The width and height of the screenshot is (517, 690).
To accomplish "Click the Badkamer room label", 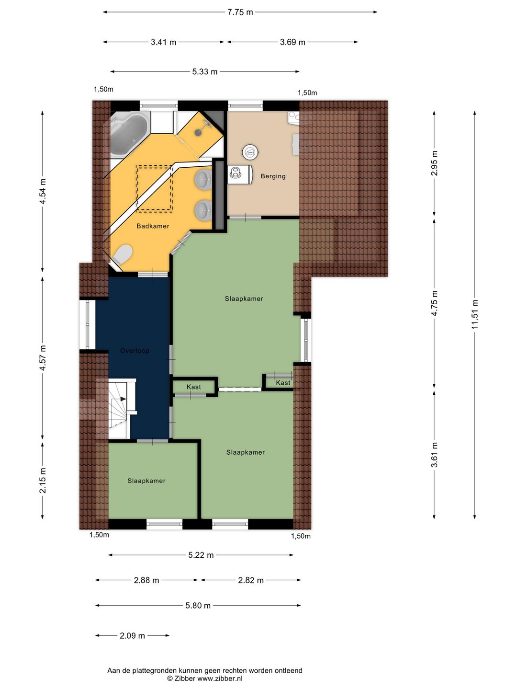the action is pyautogui.click(x=153, y=226).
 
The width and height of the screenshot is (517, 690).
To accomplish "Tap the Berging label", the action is pyautogui.click(x=273, y=176).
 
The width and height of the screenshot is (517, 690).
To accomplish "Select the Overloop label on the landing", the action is pyautogui.click(x=135, y=350).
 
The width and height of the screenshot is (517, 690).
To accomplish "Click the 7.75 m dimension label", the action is pyautogui.click(x=240, y=12).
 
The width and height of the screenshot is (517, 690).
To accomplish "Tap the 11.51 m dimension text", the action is pyautogui.click(x=474, y=314).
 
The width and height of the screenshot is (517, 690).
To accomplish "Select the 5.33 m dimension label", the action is pyautogui.click(x=205, y=72).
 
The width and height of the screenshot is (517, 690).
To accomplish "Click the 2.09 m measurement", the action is pyautogui.click(x=132, y=636).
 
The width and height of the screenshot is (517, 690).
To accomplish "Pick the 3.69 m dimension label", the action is pyautogui.click(x=292, y=42).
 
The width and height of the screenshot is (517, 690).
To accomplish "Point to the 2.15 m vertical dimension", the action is pyautogui.click(x=43, y=480).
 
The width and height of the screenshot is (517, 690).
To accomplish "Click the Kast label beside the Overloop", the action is pyautogui.click(x=194, y=387).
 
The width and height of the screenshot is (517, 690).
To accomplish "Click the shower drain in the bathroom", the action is pyautogui.click(x=198, y=133).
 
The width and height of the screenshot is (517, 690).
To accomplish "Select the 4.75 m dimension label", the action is pyautogui.click(x=434, y=303).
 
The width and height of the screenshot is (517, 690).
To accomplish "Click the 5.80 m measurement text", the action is pyautogui.click(x=198, y=606).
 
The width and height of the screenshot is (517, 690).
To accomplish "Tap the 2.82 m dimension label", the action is pyautogui.click(x=250, y=580).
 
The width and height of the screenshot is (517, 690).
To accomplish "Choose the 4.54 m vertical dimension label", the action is pyautogui.click(x=43, y=191).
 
